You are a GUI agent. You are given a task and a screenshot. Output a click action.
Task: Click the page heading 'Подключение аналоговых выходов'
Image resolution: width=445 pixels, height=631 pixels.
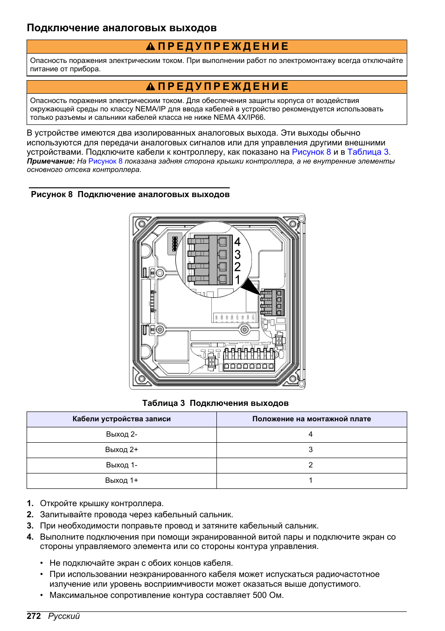click(x=121, y=28)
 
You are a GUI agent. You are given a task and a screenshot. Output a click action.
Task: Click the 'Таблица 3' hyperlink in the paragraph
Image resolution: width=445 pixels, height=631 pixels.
click(x=368, y=152)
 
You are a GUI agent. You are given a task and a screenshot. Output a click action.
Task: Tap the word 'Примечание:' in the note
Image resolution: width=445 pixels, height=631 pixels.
click(x=50, y=161)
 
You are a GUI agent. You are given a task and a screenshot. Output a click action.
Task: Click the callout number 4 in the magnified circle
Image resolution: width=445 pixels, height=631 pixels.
click(x=237, y=242)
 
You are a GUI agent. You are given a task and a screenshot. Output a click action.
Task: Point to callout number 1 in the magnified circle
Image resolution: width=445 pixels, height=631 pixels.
click(x=237, y=280)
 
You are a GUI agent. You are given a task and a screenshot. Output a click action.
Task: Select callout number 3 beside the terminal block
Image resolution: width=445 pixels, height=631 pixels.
click(x=237, y=255)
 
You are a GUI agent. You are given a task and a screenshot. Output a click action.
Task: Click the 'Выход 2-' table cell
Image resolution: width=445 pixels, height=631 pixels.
click(x=121, y=434)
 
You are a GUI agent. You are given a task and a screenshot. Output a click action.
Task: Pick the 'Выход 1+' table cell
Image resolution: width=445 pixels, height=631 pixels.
click(x=121, y=480)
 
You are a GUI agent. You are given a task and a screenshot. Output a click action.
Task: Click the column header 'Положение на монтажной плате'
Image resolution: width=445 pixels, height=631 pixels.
click(x=311, y=419)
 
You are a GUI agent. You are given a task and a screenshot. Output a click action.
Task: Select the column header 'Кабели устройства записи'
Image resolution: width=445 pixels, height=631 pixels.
click(x=121, y=419)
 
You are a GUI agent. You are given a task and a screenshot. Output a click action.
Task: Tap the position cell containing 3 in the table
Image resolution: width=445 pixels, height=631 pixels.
click(x=311, y=450)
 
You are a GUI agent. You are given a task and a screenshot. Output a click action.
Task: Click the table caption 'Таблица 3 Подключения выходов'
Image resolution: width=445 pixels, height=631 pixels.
click(x=215, y=403)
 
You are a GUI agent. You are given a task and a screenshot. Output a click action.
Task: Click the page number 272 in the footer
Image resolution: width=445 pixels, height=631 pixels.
click(x=34, y=616)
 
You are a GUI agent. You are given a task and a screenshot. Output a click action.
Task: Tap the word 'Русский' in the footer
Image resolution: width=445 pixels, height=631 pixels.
click(x=64, y=616)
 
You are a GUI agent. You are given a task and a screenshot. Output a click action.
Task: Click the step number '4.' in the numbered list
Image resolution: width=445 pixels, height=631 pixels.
click(x=30, y=537)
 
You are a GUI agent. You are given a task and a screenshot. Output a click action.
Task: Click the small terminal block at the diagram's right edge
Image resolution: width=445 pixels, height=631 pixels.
click(x=272, y=302)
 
